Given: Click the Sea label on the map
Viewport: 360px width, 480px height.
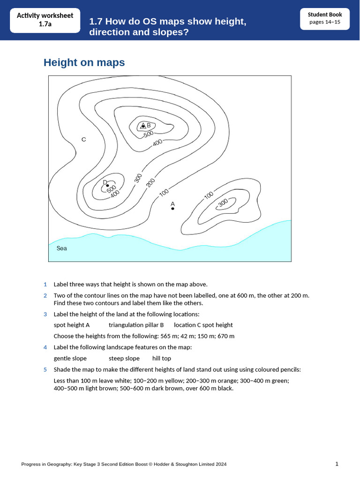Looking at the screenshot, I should coord(61,248).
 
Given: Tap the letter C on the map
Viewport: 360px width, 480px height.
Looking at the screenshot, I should coord(83,139).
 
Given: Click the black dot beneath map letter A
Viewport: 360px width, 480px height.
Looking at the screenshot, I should coord(172,209).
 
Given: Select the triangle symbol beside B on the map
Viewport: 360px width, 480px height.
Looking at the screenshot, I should coord(143,126).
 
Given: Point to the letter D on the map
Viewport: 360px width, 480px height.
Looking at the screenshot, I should coord(105,182).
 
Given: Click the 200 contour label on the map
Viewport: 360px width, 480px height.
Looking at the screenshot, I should coord(150,182).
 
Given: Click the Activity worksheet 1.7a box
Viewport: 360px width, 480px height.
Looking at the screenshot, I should coord(45,20).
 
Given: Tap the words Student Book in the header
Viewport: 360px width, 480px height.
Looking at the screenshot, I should coord(325,15).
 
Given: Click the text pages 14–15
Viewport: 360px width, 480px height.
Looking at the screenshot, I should coord(325,22).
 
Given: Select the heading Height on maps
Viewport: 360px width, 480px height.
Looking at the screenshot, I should coord(84,62).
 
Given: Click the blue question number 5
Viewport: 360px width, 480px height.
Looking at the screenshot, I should coord(45,369).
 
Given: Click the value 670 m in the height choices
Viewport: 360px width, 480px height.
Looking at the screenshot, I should coord(225,336).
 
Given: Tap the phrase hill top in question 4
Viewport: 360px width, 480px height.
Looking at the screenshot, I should coord(162,358).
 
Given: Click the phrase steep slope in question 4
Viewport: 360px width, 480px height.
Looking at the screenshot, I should coord(124,358).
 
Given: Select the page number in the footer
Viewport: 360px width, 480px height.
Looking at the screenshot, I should coord(337,464).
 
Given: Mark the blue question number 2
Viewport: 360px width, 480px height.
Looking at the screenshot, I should coord(45,295).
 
